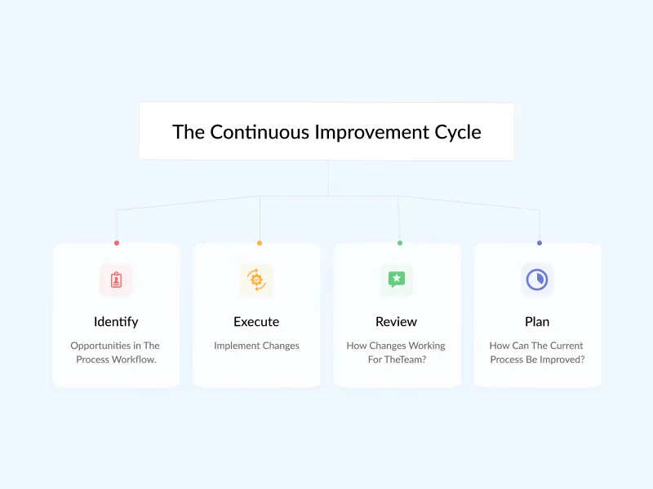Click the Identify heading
[x=116, y=321]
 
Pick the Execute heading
[x=256, y=321]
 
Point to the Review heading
[x=396, y=321]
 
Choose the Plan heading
[x=537, y=321]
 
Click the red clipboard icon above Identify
[x=116, y=280]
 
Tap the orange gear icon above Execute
[x=256, y=280]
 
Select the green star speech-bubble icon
[x=396, y=280]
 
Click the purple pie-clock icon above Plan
[x=537, y=280]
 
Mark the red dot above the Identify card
[x=117, y=243]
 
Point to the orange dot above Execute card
[x=260, y=243]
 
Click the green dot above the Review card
[x=399, y=243]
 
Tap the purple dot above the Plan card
[x=540, y=243]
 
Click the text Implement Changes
[x=256, y=346]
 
